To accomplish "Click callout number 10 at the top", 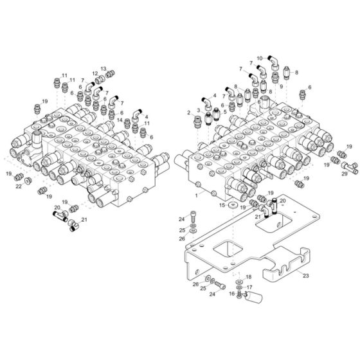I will [260, 58].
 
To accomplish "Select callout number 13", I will [103, 68].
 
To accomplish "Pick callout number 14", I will [120, 120].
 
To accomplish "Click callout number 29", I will [345, 174].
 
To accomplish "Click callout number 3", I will [199, 110].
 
